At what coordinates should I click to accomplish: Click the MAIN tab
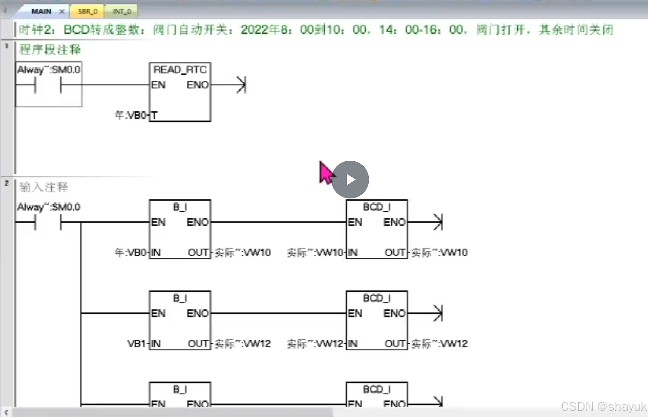click(x=41, y=11)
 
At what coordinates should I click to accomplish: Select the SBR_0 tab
click(x=88, y=11)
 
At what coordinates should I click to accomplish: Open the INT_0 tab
click(x=122, y=11)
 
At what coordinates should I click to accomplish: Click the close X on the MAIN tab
click(x=62, y=11)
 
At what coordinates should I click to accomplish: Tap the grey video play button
click(x=350, y=180)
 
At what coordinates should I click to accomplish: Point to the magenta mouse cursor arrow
click(x=326, y=172)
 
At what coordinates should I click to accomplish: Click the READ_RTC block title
click(x=180, y=69)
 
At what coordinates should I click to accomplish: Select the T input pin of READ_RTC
click(x=154, y=115)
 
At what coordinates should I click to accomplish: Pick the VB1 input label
click(x=136, y=343)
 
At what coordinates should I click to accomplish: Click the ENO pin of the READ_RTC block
click(x=197, y=85)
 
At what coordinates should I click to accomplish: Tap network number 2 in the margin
click(x=7, y=183)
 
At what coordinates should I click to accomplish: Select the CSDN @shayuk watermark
click(x=603, y=406)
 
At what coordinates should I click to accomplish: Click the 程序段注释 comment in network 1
click(x=50, y=49)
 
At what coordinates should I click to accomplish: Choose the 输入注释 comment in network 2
click(x=44, y=187)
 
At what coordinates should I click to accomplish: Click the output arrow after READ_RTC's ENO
click(x=241, y=85)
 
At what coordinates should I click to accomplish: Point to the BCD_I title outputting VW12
click(x=377, y=298)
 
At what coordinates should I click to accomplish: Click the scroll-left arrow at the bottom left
click(x=6, y=412)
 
